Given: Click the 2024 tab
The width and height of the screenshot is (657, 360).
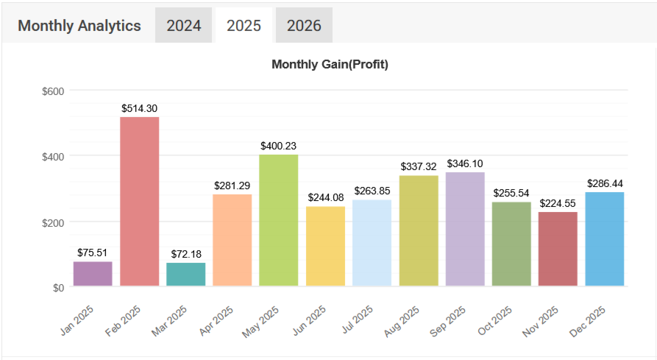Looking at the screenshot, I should click(x=184, y=26).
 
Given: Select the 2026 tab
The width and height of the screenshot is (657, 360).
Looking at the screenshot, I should click(x=304, y=26).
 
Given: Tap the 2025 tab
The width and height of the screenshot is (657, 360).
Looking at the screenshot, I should click(x=244, y=26).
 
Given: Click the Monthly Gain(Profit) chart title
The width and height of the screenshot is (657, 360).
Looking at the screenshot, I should click(x=330, y=64).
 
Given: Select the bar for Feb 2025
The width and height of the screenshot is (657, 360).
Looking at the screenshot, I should click(x=140, y=201).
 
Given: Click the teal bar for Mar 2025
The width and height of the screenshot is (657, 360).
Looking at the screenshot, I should click(x=186, y=274).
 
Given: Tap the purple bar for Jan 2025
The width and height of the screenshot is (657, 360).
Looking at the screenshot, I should click(x=93, y=273).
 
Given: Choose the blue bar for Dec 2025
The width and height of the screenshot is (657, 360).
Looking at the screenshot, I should click(x=605, y=239).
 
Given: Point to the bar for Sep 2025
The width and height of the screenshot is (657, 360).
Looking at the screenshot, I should click(x=465, y=229).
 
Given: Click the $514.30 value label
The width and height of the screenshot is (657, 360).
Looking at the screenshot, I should click(x=140, y=108).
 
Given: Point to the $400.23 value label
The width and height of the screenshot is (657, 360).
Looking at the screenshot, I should click(x=279, y=146).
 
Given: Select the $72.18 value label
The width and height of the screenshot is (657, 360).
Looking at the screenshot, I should click(x=186, y=254).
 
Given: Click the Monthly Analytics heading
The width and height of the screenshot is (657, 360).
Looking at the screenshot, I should click(x=79, y=26).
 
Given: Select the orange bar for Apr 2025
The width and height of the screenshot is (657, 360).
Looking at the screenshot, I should click(x=232, y=239).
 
